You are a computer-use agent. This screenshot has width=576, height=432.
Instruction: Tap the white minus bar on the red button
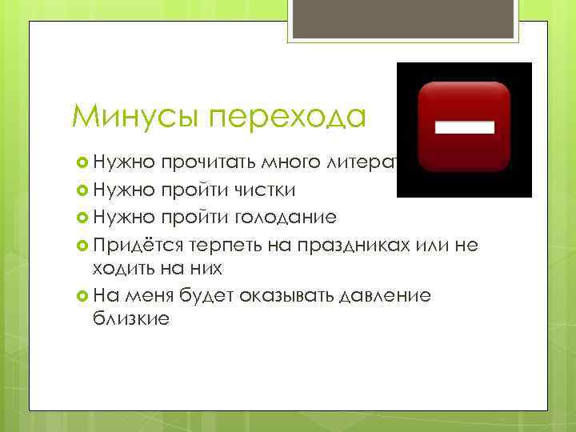coord(465,126)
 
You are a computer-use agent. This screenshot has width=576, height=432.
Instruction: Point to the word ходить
coord(129,268)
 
